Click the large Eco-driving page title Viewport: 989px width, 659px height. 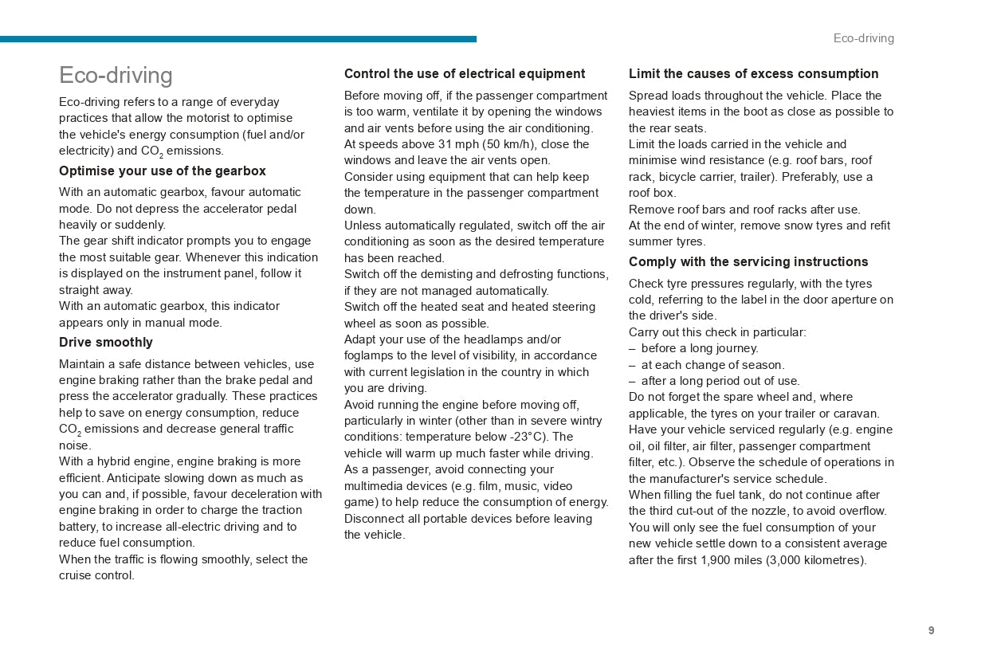(x=116, y=75)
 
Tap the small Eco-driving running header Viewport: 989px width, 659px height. (x=863, y=38)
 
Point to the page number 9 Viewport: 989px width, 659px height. (x=931, y=630)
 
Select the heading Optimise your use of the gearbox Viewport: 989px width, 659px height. (x=162, y=171)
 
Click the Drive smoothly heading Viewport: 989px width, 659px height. (x=105, y=343)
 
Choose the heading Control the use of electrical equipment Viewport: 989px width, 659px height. (x=464, y=74)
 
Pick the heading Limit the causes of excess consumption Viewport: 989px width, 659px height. (x=753, y=74)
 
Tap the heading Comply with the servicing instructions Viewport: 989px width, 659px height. (x=748, y=262)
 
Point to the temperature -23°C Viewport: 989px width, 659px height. (x=529, y=437)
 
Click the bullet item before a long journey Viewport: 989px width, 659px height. (x=699, y=348)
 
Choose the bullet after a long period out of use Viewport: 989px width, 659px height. (x=720, y=381)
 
